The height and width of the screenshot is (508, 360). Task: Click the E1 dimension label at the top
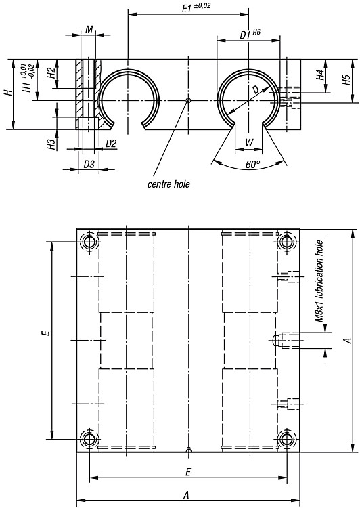(196, 7)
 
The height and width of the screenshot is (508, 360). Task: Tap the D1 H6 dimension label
(250, 34)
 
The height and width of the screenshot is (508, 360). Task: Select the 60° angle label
(253, 165)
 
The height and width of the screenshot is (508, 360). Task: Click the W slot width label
(249, 142)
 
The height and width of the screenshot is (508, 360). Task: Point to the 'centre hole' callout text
(168, 184)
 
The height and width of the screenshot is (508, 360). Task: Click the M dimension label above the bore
(89, 30)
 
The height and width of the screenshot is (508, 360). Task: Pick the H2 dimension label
(51, 73)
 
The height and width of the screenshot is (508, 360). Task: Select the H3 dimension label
(51, 144)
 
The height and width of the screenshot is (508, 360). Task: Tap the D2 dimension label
(111, 144)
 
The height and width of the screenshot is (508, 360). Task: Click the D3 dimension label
(89, 165)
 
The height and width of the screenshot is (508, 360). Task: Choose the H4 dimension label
(320, 75)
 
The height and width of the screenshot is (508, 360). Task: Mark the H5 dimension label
(346, 80)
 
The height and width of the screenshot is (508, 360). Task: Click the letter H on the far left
(9, 93)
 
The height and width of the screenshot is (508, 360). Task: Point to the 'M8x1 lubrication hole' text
(319, 281)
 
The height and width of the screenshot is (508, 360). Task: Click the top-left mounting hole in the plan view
(89, 241)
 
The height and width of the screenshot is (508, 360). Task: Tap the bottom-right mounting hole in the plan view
(286, 440)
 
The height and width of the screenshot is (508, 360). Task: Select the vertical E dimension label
(47, 333)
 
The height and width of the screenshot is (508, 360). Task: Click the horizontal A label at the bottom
(186, 494)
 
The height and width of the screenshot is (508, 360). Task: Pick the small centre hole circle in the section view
(188, 100)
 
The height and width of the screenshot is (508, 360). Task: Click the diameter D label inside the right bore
(256, 89)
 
